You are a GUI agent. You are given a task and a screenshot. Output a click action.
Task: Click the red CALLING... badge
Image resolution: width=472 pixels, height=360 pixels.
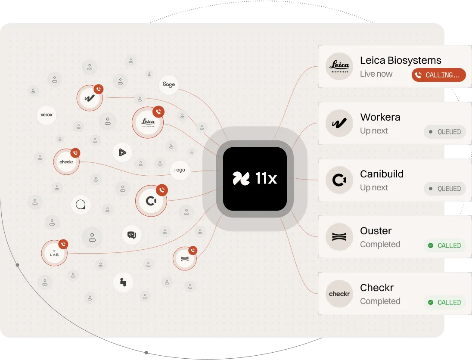click(438, 75)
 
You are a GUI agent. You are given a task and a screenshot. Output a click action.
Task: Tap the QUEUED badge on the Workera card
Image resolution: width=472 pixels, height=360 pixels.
click(445, 132)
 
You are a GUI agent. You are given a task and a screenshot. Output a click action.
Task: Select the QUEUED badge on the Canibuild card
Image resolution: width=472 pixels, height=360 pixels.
click(445, 189)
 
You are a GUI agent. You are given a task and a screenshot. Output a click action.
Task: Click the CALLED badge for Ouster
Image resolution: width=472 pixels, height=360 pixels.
click(445, 245)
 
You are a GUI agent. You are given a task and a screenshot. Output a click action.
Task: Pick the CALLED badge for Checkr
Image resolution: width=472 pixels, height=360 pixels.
click(445, 302)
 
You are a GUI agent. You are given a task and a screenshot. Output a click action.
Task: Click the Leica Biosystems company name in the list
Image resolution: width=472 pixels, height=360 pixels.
click(401, 60)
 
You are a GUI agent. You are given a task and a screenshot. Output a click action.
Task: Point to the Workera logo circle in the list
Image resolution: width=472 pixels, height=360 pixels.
click(339, 123)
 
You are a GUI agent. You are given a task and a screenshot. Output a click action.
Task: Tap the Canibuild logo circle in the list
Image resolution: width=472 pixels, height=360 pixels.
click(339, 180)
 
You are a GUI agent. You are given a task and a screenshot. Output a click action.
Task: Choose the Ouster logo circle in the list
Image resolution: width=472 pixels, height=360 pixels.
click(339, 237)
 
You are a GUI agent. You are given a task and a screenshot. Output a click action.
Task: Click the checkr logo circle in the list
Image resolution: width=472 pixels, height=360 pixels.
click(339, 294)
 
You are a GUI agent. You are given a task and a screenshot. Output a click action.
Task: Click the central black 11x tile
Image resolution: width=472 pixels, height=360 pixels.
click(255, 179)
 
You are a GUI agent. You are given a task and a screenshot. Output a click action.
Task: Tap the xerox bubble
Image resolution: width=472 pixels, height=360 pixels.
click(47, 115)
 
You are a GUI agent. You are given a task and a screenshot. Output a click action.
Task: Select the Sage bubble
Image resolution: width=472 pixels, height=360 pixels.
click(169, 84)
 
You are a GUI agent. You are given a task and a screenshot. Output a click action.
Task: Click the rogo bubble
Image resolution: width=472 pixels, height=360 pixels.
click(180, 171)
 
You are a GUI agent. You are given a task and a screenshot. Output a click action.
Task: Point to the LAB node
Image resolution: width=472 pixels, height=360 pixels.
click(54, 253)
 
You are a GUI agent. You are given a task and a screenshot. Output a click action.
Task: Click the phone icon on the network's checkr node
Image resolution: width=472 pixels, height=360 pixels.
click(75, 153)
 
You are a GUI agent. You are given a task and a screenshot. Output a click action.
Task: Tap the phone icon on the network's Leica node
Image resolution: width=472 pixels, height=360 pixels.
click(158, 112)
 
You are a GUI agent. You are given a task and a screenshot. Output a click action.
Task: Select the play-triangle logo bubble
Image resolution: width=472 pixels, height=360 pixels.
click(122, 152)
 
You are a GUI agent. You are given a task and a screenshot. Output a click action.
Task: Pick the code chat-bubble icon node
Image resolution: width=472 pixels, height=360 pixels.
click(132, 235)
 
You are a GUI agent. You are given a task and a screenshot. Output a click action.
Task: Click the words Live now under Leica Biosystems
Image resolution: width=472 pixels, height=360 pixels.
click(376, 74)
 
